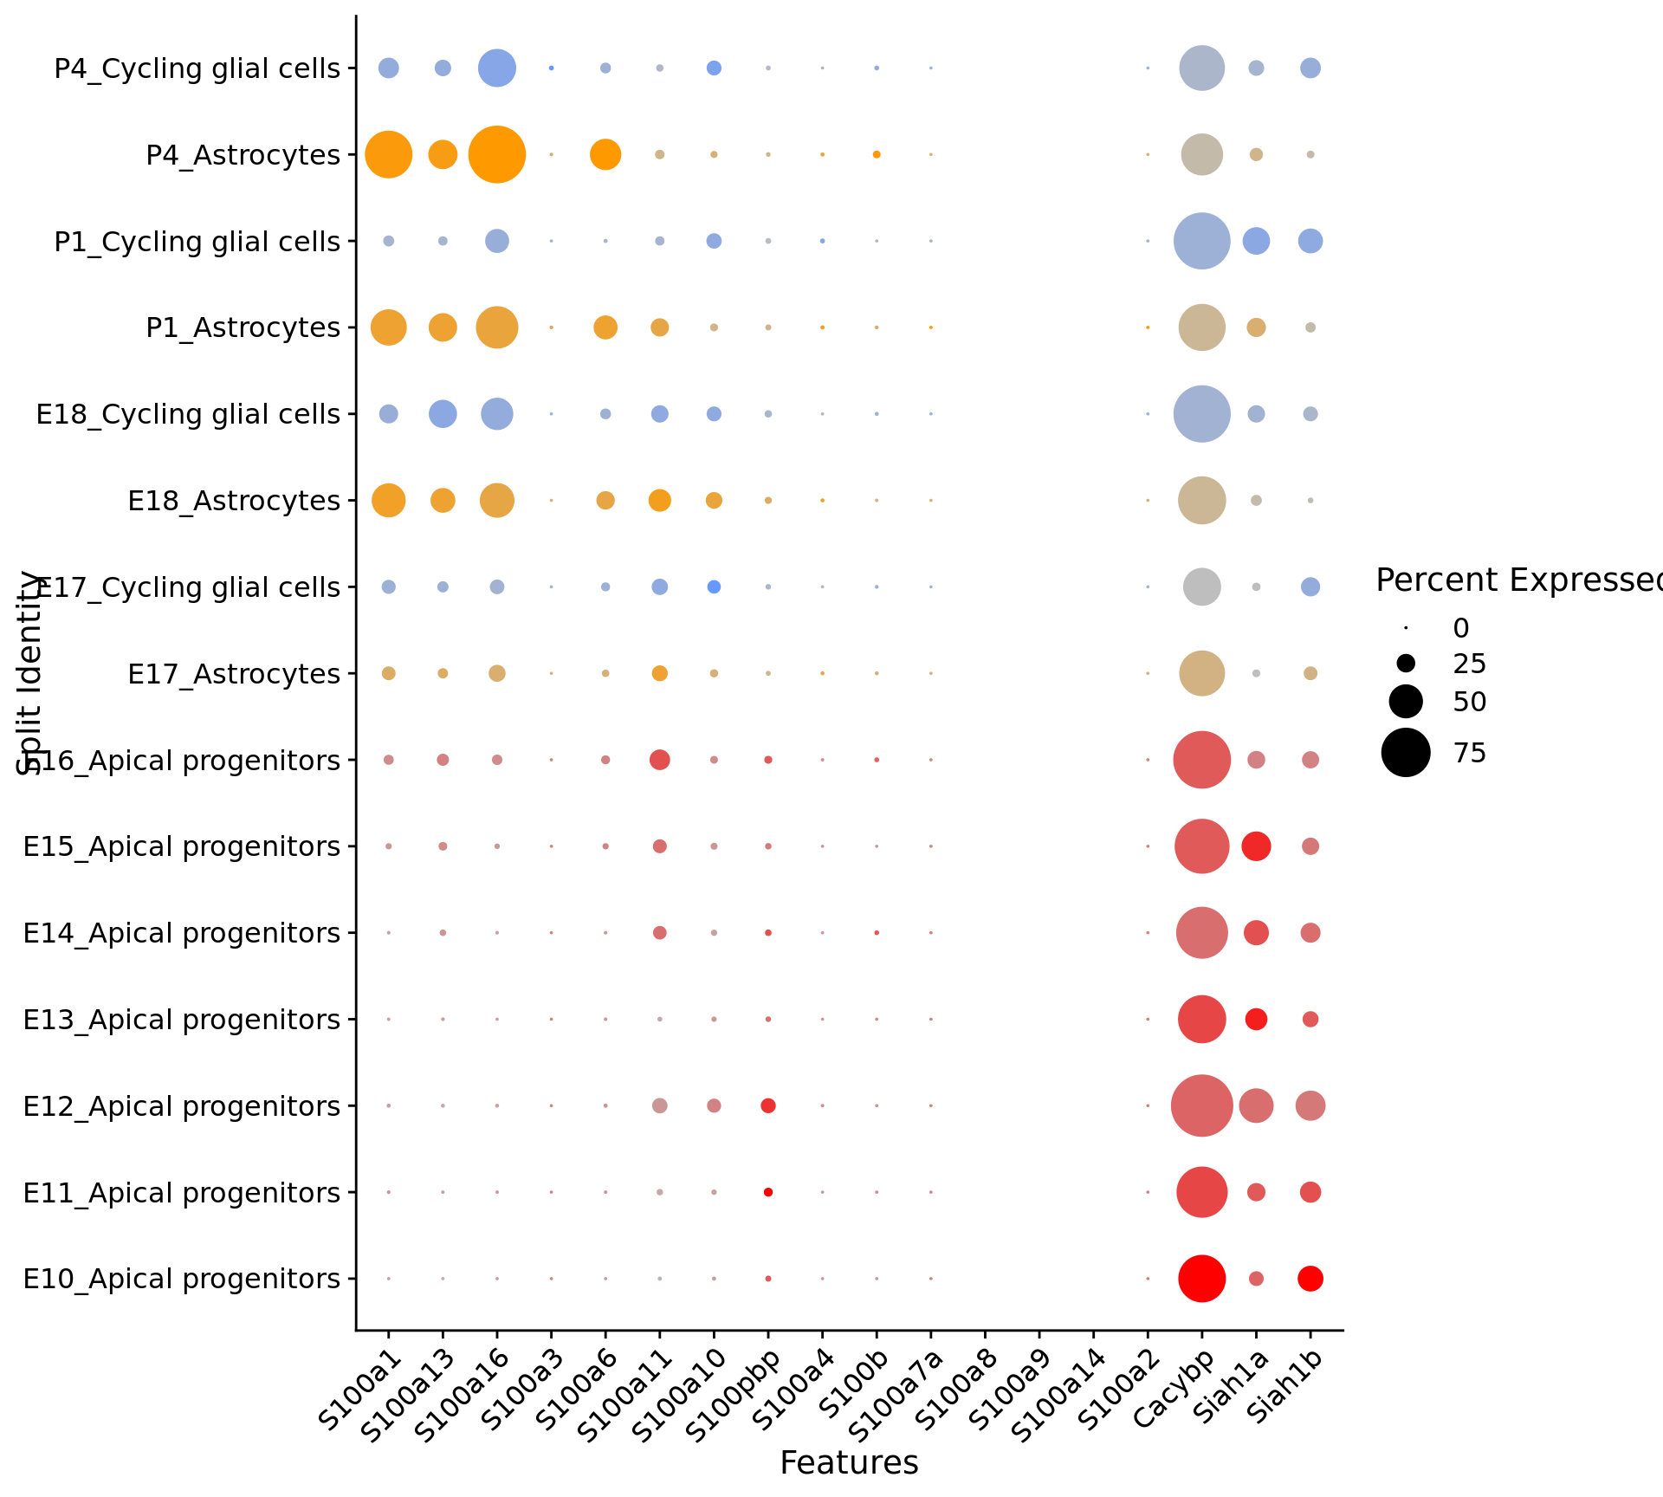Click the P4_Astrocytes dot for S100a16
[496, 155]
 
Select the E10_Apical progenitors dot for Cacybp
[1201, 1278]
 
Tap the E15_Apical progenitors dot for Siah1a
[1256, 846]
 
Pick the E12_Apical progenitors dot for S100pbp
[767, 1105]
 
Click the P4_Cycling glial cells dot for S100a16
[496, 68]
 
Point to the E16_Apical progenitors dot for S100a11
[659, 760]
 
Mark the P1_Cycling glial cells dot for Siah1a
[1256, 241]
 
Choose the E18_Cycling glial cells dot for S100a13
[443, 414]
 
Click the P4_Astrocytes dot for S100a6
[605, 155]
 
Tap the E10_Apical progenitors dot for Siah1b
[1310, 1278]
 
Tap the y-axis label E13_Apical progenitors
[181, 1020]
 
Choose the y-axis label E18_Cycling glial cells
[188, 414]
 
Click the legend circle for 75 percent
[1405, 752]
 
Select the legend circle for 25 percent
[1405, 664]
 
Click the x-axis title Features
[849, 1463]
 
